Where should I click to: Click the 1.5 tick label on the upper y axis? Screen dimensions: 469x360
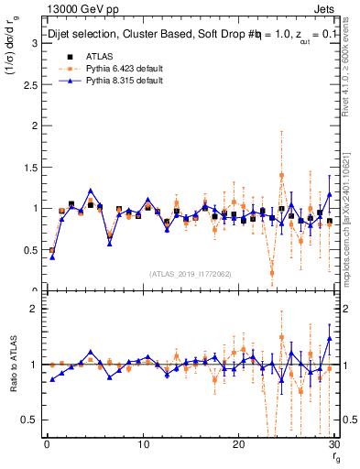coord(29,167)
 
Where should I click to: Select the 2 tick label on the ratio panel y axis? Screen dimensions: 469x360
coord(34,309)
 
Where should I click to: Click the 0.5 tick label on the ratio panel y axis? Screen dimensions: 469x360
coord(29,420)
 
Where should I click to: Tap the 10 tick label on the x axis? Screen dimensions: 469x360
coord(143,444)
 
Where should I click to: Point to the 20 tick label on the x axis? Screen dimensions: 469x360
coord(238,444)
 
